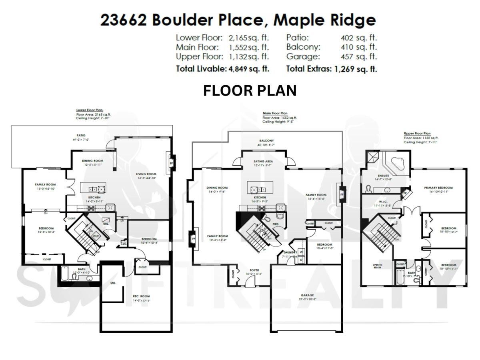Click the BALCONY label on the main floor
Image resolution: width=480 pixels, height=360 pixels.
pos(266,141)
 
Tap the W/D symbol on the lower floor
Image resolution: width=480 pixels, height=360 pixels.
pos(96,236)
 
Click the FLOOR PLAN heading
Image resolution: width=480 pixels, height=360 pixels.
pos(250,90)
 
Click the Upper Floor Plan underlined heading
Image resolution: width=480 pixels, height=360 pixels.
pos(417,133)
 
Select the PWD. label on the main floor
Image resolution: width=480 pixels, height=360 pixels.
pos(276,224)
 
